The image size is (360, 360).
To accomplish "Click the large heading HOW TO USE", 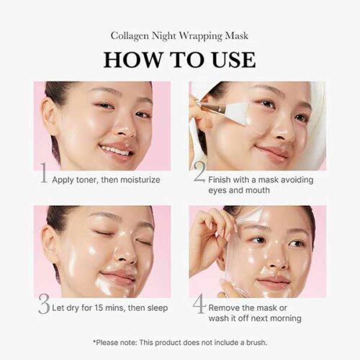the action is click(x=179, y=60).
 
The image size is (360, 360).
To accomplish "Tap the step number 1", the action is click(x=44, y=173).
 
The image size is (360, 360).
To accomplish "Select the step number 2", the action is click(x=199, y=172).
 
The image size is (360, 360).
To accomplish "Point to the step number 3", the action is click(x=44, y=304).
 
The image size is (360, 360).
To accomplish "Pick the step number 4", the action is click(x=199, y=304).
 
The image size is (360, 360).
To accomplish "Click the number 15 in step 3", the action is click(x=99, y=307).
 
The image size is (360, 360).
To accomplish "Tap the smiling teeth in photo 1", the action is click(x=116, y=150).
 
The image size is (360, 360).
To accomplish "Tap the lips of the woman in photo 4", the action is click(x=274, y=282).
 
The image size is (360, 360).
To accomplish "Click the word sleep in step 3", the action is click(x=158, y=308).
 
